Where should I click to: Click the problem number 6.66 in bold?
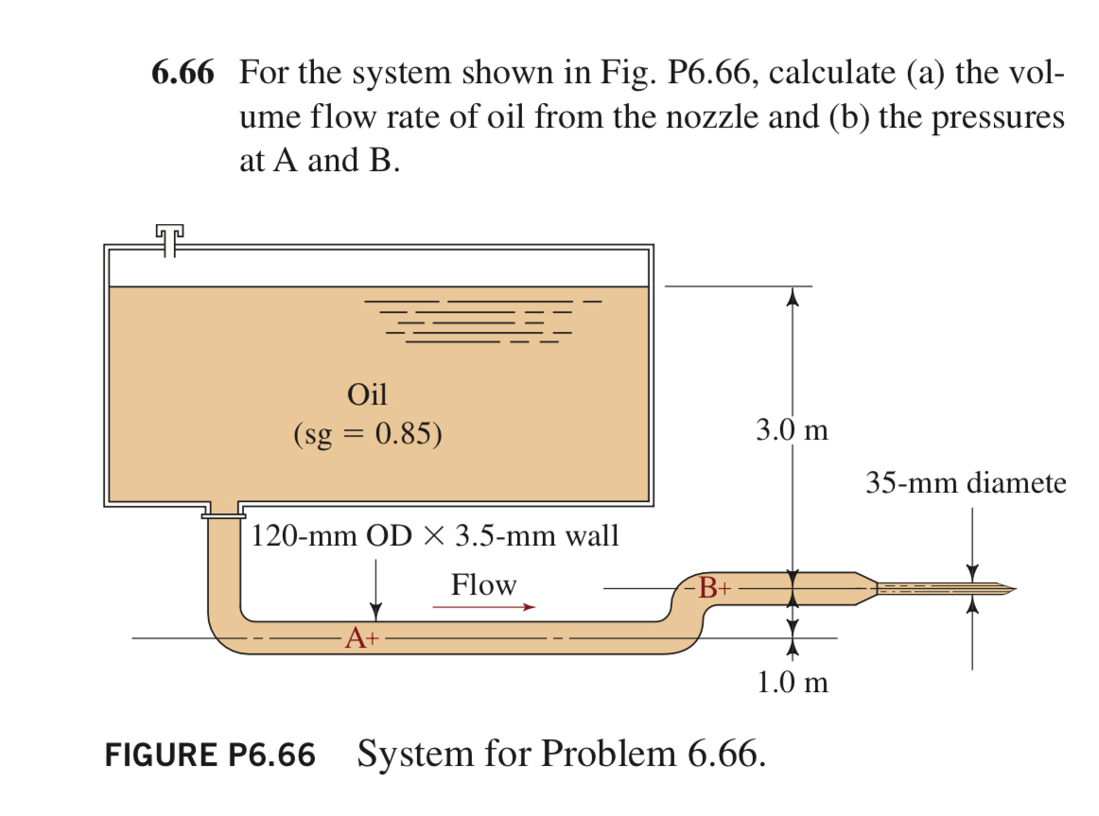click(183, 74)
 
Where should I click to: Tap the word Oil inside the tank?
click(367, 393)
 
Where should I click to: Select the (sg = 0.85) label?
click(367, 434)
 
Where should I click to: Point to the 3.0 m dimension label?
click(792, 431)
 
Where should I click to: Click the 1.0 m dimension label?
click(793, 682)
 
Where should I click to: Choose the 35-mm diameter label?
click(965, 484)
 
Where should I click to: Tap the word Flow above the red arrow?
click(483, 585)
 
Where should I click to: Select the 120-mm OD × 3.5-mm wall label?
click(435, 536)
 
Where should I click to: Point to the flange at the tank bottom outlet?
click(223, 514)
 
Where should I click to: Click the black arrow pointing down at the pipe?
click(376, 589)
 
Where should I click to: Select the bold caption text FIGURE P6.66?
click(209, 755)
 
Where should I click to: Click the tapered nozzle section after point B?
click(865, 588)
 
